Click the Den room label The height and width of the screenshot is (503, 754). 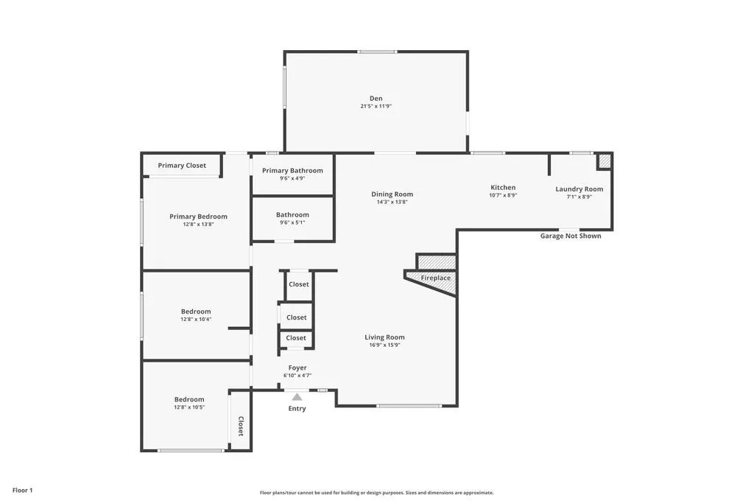click(x=376, y=99)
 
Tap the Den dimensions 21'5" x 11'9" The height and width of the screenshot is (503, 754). click(x=376, y=107)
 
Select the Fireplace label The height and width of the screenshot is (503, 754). click(x=435, y=278)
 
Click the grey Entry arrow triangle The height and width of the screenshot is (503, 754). click(x=297, y=397)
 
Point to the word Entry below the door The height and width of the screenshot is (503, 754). click(x=297, y=409)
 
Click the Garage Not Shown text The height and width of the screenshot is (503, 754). click(x=570, y=236)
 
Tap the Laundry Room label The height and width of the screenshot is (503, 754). click(x=579, y=189)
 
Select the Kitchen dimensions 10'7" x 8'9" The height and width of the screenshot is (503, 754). click(x=503, y=196)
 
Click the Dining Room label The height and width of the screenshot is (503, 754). click(x=392, y=194)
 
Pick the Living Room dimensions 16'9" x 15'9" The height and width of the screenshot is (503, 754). click(x=384, y=345)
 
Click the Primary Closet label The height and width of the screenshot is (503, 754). click(x=182, y=166)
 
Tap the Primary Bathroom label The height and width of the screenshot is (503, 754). click(x=292, y=171)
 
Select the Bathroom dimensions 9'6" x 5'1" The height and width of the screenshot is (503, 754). click(x=292, y=223)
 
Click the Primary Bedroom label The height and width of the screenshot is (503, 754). click(x=198, y=217)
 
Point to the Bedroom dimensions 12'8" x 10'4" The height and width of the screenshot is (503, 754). click(x=196, y=320)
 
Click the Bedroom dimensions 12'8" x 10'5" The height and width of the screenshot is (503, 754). click(x=189, y=407)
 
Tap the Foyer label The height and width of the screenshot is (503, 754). click(x=297, y=367)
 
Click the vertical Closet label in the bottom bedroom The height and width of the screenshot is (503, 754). click(x=240, y=426)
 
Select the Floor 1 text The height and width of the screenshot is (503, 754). click(x=22, y=490)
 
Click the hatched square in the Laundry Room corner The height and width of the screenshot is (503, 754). click(x=604, y=161)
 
